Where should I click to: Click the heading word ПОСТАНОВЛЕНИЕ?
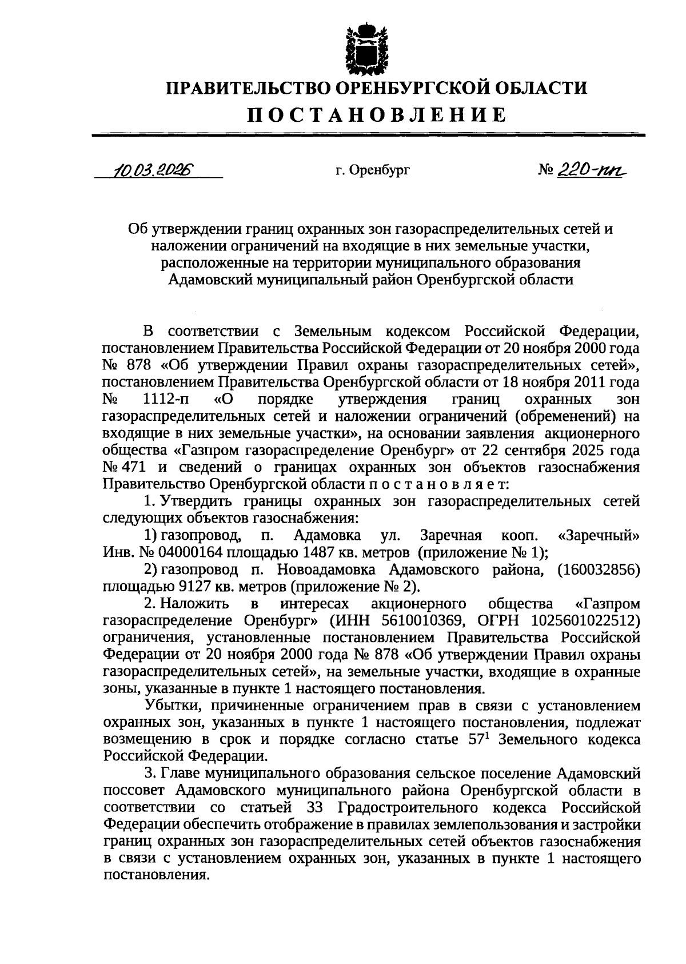[x=377, y=114]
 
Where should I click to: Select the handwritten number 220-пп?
[x=595, y=169]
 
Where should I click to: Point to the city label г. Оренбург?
[x=372, y=170]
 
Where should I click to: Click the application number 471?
[x=135, y=467]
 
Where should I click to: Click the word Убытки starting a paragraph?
[x=168, y=706]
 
